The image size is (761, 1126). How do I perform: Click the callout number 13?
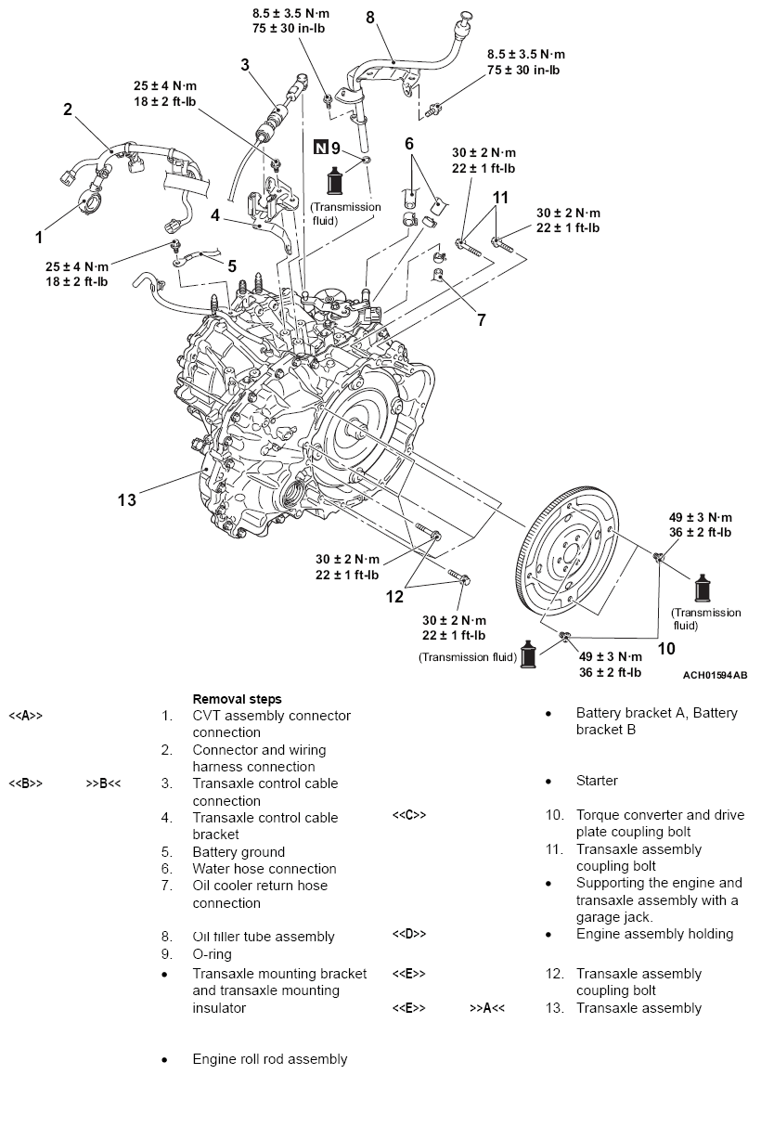(x=127, y=500)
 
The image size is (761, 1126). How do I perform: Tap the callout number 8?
(x=369, y=18)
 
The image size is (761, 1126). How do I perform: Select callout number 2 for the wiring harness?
(x=68, y=110)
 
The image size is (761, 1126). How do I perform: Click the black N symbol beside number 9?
(x=320, y=147)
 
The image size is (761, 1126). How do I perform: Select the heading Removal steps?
(x=237, y=699)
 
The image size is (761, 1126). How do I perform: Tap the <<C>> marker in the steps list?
(x=408, y=816)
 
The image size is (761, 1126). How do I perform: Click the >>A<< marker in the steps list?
(x=487, y=1008)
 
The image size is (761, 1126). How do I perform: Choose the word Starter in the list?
(x=596, y=782)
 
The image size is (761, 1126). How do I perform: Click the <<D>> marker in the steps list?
(x=408, y=934)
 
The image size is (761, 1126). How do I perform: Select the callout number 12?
(x=395, y=596)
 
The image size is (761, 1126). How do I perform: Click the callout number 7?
(x=481, y=320)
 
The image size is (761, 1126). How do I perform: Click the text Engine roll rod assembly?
(x=269, y=1059)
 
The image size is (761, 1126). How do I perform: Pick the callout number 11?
(x=500, y=197)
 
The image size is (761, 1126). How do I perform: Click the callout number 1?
(x=39, y=238)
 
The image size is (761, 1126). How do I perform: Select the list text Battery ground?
(x=239, y=852)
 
